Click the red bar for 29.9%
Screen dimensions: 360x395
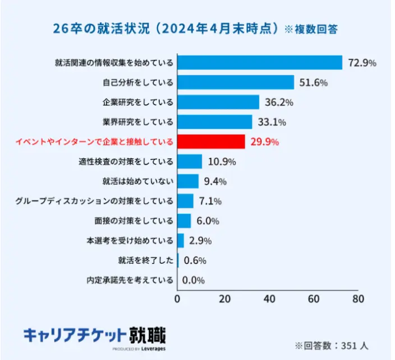211,142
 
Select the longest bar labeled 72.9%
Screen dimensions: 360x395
260,62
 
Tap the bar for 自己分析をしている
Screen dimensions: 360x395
236,83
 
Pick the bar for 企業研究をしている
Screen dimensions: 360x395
218,102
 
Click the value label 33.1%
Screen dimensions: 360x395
272,122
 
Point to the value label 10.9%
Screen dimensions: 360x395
222,162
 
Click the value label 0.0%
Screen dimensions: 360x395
194,280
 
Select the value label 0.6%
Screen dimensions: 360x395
195,261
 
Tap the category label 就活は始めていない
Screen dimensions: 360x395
138,181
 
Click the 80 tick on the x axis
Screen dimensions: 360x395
357,299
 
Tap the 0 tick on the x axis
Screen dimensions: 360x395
178,299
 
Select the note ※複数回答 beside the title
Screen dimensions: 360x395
311,29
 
